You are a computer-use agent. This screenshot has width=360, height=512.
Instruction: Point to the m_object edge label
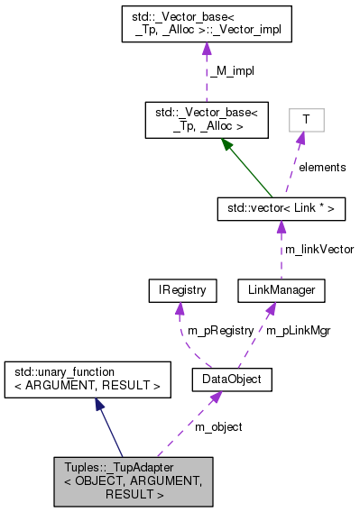pos(220,426)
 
